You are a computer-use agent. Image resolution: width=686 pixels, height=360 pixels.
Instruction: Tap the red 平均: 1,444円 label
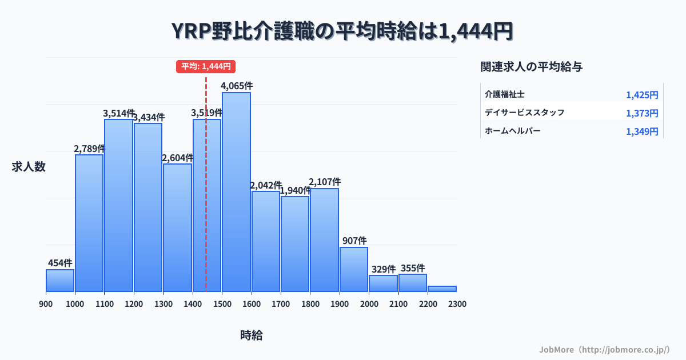point(206,66)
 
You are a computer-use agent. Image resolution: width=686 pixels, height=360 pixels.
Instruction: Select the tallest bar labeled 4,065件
point(236,191)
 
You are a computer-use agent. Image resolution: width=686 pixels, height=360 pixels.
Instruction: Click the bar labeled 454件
point(60,280)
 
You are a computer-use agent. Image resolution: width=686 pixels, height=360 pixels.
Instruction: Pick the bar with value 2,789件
point(89,223)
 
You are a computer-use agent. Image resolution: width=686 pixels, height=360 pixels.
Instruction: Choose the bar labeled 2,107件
point(324,240)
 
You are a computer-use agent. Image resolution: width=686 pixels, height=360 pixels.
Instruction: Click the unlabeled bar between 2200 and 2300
point(442,289)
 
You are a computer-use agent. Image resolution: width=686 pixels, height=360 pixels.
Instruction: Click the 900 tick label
point(46,304)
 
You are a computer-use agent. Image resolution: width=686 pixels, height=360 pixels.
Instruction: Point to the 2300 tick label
point(457,304)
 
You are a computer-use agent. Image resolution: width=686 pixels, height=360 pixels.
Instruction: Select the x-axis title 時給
point(252,335)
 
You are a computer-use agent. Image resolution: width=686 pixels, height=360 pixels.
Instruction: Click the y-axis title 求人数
point(29,167)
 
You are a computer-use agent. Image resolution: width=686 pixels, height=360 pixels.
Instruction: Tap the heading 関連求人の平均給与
point(532,67)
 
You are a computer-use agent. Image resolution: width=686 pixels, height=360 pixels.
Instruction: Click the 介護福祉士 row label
point(505,94)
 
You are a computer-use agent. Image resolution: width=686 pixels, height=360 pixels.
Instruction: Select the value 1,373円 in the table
point(642,113)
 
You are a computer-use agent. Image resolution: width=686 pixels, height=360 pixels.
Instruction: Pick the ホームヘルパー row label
point(513,131)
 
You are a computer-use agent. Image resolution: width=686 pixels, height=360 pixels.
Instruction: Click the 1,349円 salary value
point(642,132)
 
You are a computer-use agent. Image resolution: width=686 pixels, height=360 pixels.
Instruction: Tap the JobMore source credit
point(604,349)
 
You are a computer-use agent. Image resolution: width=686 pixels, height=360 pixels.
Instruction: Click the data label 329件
point(383,269)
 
